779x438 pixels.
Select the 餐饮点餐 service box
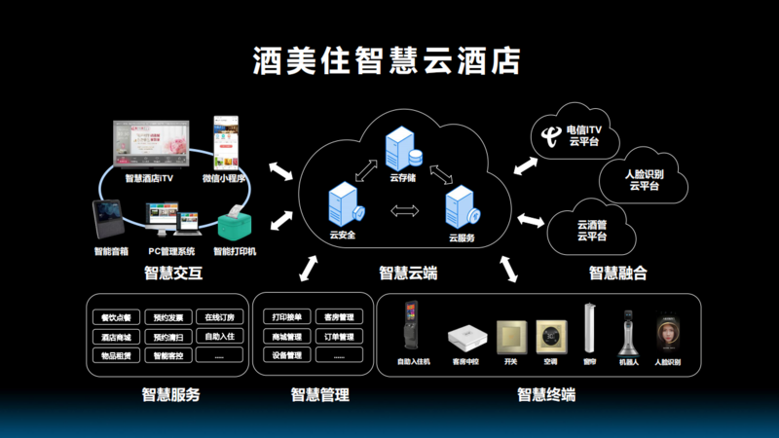pyautogui.click(x=115, y=317)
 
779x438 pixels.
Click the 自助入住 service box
pyautogui.click(x=220, y=337)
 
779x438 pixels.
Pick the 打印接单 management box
pyautogui.click(x=286, y=317)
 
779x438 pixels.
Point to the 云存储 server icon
pyautogui.click(x=402, y=149)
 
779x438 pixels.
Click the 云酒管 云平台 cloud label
pyautogui.click(x=592, y=230)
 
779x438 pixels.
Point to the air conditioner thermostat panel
pyautogui.click(x=551, y=337)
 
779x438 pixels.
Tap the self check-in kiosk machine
pyautogui.click(x=411, y=330)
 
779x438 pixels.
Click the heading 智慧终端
pyautogui.click(x=545, y=395)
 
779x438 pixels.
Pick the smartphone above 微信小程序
pyautogui.click(x=226, y=143)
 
